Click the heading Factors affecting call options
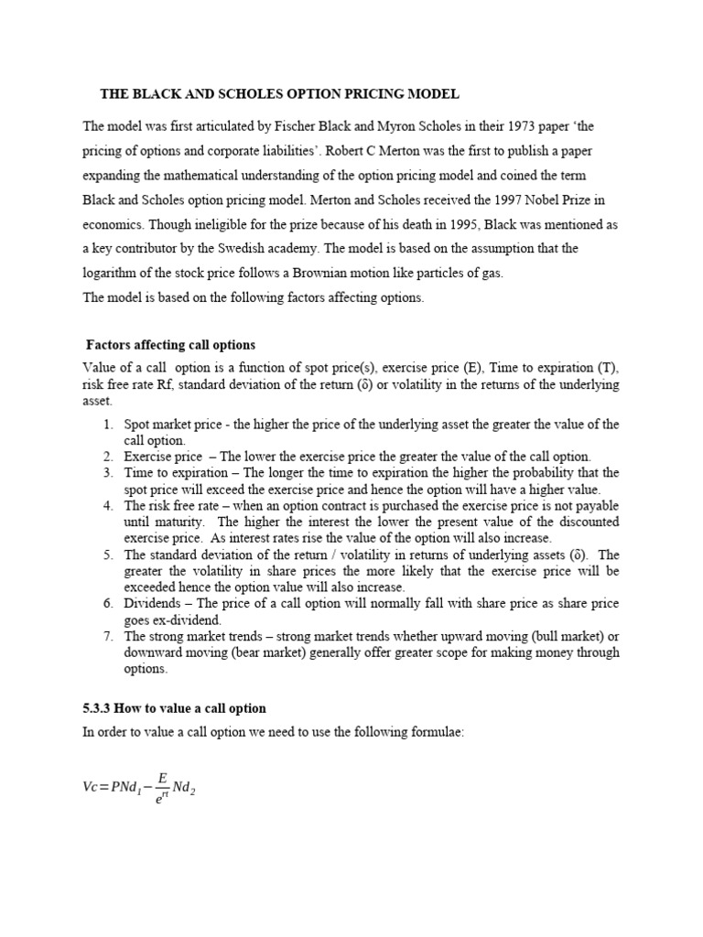click(170, 345)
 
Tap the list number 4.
click(108, 506)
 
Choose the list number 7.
click(108, 636)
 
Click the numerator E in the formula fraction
click(163, 778)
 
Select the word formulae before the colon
click(438, 733)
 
